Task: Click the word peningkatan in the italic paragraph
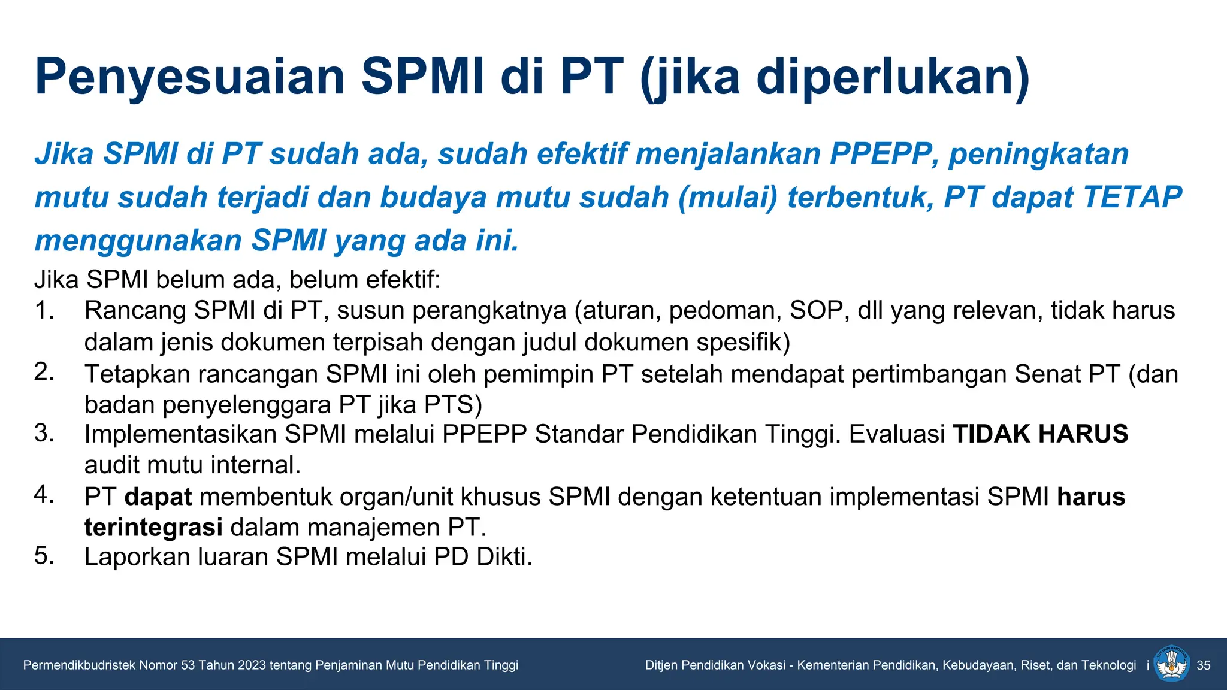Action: (1039, 154)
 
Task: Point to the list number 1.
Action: (44, 310)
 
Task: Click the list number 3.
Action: (44, 433)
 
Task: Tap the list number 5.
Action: (44, 556)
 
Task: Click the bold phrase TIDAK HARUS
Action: (1040, 434)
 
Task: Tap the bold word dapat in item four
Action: (158, 497)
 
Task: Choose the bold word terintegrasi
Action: (153, 528)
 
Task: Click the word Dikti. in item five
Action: (504, 557)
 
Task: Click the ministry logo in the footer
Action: (1172, 664)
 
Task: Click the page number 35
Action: (1203, 665)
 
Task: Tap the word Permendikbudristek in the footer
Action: (79, 665)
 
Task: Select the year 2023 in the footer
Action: (252, 665)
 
